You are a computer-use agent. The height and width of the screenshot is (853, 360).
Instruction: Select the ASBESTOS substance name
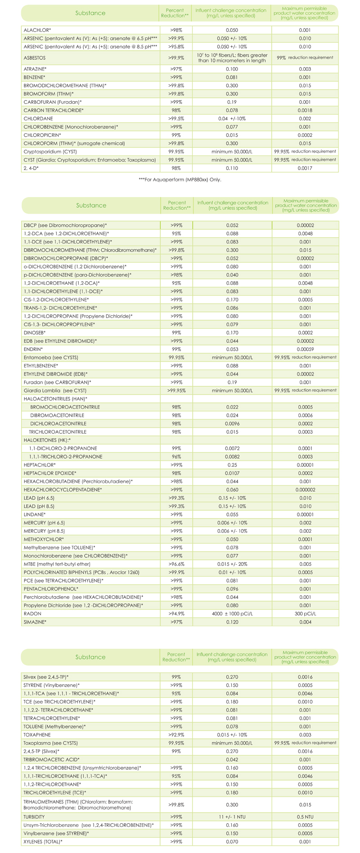(35, 58)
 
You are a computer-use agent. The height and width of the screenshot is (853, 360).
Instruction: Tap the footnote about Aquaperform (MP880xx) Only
(180, 180)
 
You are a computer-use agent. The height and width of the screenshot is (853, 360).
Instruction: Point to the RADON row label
(32, 614)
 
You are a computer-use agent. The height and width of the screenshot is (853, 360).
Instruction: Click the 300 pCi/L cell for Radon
(305, 614)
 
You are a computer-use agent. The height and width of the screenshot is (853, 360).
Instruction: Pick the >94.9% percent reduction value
(176, 614)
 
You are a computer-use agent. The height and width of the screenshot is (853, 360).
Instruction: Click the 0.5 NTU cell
(305, 816)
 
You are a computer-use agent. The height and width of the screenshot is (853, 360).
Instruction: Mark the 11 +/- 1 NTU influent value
(232, 816)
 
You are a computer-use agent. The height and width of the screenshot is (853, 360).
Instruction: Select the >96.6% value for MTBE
(176, 564)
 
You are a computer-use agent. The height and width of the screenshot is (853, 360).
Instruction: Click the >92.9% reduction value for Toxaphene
(176, 735)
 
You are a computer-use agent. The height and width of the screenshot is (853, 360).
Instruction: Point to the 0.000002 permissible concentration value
(305, 489)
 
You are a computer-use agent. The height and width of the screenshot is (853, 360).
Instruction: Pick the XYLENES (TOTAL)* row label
(43, 841)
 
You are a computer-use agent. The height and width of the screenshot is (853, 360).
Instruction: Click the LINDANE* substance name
(35, 514)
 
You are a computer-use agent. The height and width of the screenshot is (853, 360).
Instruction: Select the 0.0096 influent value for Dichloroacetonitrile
(232, 424)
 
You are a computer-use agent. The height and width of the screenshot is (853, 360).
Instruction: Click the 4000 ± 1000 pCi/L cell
(232, 614)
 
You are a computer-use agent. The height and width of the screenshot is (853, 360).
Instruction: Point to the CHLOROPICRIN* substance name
(42, 135)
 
